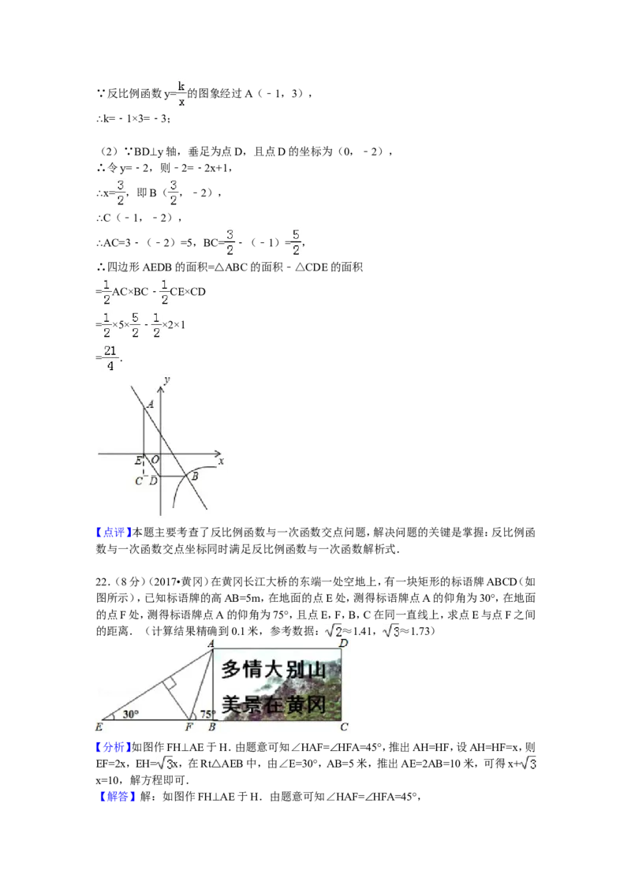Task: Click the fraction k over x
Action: pyautogui.click(x=181, y=93)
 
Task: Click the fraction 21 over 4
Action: pyautogui.click(x=110, y=357)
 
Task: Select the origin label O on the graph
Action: pyautogui.click(x=155, y=460)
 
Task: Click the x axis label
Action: pyautogui.click(x=222, y=461)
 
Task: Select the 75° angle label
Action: pyautogui.click(x=207, y=715)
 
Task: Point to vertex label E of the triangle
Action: pyautogui.click(x=99, y=727)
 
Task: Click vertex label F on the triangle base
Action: pyautogui.click(x=189, y=727)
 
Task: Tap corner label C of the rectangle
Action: pyautogui.click(x=344, y=727)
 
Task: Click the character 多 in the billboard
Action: pyautogui.click(x=230, y=670)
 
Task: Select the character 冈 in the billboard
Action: pyautogui.click(x=337, y=704)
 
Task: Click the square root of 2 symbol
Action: pyautogui.click(x=334, y=630)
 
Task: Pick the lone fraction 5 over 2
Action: pyautogui.click(x=297, y=243)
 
